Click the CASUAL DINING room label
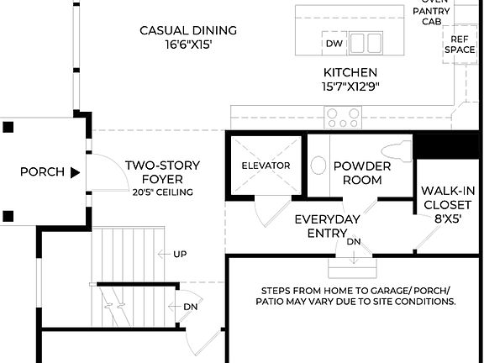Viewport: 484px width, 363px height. (188, 30)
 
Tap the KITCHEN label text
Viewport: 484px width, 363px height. (350, 73)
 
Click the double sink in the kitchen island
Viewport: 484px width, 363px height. (366, 43)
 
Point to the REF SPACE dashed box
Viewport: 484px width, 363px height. (459, 45)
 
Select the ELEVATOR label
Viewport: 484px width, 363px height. (266, 166)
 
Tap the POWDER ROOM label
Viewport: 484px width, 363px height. (362, 173)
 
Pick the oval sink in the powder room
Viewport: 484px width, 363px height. (319, 165)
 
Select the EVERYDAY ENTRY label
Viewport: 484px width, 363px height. (327, 226)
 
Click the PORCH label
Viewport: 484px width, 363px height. (42, 172)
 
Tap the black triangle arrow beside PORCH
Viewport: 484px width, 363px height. (75, 172)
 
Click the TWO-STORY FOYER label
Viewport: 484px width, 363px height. (162, 172)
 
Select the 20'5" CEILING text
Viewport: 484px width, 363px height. (162, 192)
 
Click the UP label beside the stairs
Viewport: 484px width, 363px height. (180, 254)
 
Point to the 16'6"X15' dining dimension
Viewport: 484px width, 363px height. (188, 45)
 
